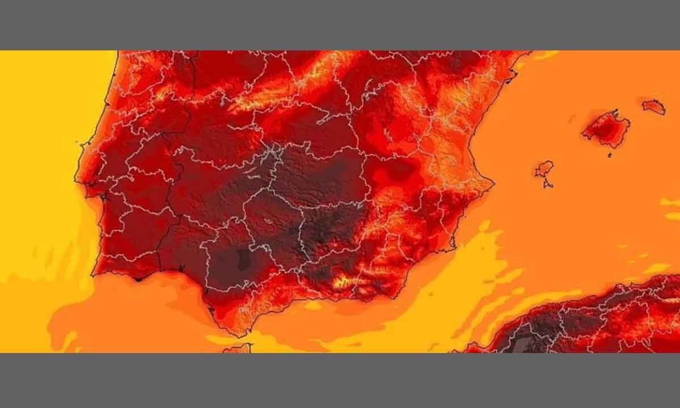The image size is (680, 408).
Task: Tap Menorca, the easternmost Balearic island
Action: [654, 107]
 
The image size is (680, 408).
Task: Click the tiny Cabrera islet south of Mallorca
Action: [610, 154]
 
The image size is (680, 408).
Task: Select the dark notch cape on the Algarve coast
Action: [137, 279]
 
